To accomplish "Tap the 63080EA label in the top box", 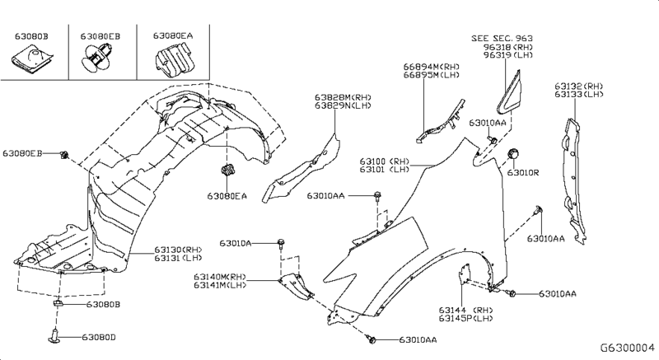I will tap(173, 37).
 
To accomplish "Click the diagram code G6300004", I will tap(625, 348).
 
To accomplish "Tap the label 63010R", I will tap(522, 173).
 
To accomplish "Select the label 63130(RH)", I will tap(177, 250).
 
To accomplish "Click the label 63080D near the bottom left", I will tap(99, 337).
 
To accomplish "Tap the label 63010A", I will tap(236, 243).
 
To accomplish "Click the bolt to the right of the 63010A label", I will tap(281, 243).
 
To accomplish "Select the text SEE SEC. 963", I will tap(503, 38).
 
